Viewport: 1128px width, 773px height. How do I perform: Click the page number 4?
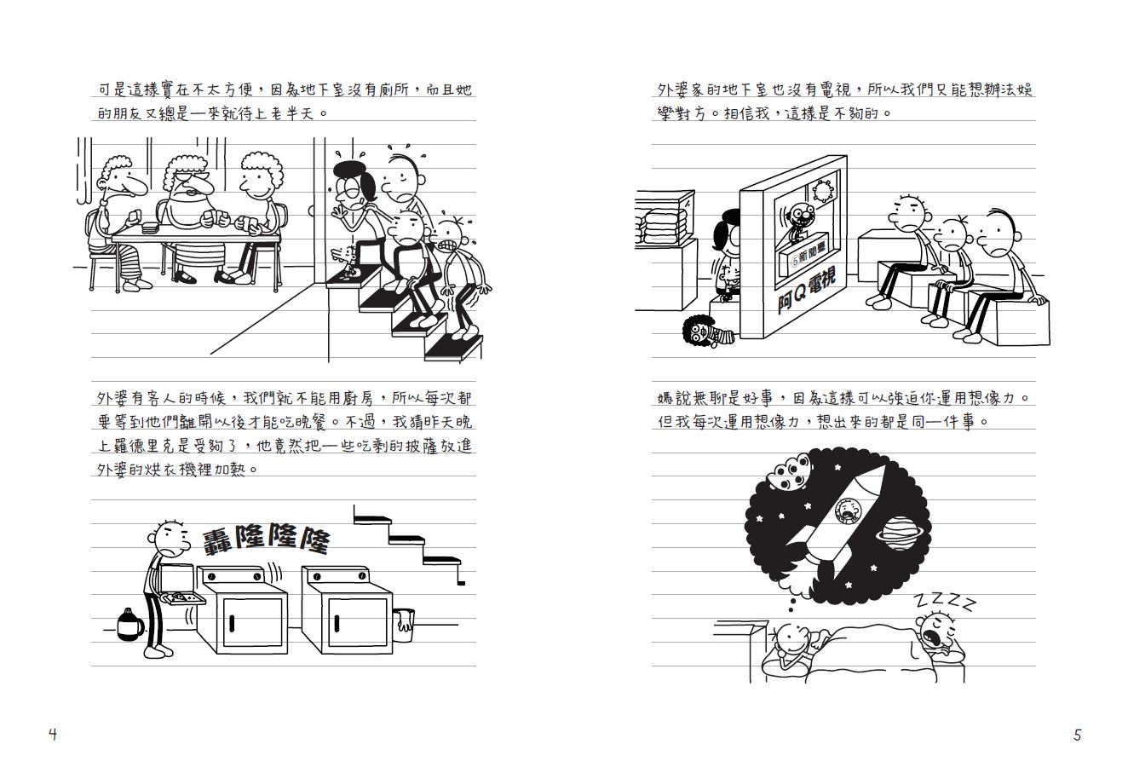53,734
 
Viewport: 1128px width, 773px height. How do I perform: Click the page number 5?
1077,734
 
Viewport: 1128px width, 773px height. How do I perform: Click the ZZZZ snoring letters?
944,601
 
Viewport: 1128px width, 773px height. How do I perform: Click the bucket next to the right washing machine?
404,624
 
